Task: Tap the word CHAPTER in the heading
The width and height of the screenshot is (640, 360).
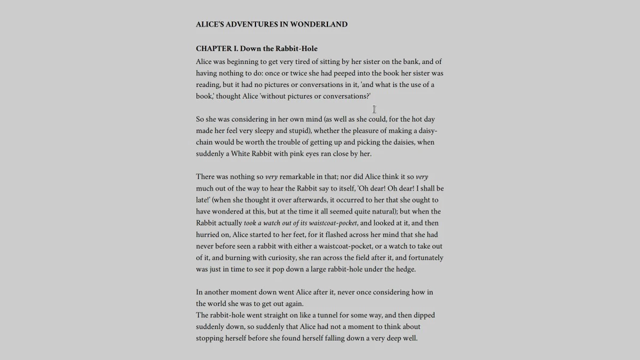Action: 213,49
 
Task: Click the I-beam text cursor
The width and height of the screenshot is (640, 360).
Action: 374,109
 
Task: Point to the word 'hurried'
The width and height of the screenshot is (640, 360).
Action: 209,235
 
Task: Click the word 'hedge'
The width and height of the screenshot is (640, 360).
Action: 405,269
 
